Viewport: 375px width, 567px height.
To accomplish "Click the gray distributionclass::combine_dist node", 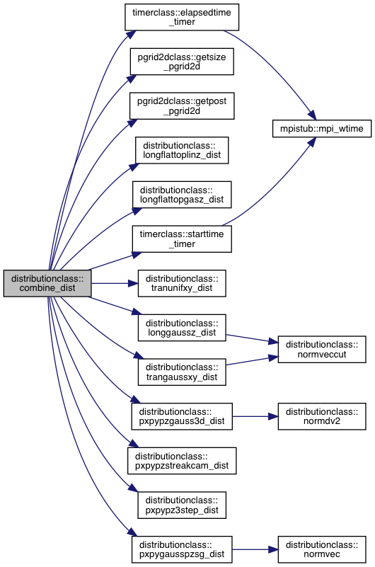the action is point(47,283).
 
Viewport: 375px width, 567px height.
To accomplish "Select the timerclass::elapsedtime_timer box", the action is point(182,17).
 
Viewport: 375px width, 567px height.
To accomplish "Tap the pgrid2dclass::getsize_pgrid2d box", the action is point(182,62).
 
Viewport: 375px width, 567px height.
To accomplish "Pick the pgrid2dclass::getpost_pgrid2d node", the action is point(182,106).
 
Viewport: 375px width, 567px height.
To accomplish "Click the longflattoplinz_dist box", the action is point(182,151).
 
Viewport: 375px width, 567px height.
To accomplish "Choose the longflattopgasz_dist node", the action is point(182,195).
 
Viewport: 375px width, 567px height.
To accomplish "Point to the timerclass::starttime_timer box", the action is point(182,239).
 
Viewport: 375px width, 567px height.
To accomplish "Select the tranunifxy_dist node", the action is point(182,283).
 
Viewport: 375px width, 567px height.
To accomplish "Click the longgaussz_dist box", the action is point(182,328).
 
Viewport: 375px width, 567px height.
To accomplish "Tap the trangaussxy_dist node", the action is point(182,372).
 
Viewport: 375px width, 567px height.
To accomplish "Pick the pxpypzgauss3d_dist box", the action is point(182,416).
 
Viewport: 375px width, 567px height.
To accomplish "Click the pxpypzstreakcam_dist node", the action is point(182,461).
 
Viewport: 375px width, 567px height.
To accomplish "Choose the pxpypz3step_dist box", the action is point(182,505).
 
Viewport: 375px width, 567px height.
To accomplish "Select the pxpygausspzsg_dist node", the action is point(182,549).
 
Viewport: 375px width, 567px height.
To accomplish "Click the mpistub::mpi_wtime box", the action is point(321,128).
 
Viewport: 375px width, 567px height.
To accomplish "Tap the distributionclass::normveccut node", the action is point(322,350).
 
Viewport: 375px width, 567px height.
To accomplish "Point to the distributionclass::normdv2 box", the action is point(322,416).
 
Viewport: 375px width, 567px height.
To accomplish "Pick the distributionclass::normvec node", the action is point(322,549).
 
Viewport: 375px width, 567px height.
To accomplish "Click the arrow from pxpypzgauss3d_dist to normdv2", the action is point(255,416).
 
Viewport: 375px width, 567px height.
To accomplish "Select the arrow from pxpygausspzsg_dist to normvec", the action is point(255,549).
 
